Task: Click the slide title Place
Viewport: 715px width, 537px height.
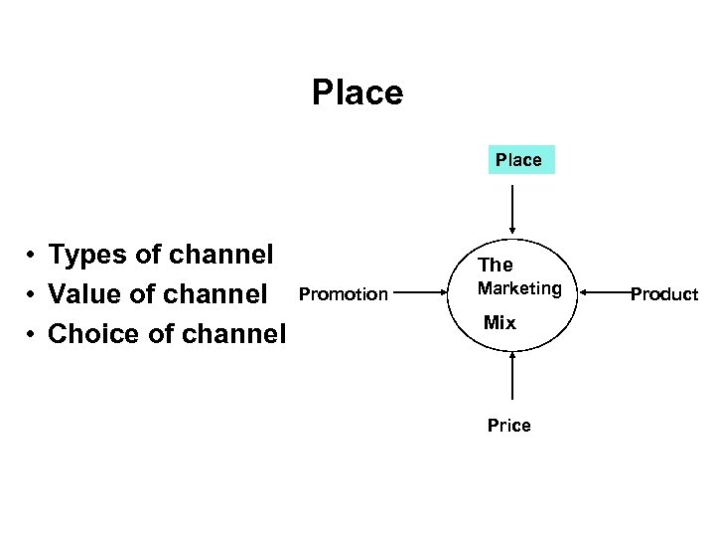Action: (357, 92)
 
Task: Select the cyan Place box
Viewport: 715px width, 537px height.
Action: (520, 159)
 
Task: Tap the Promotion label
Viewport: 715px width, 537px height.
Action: (344, 293)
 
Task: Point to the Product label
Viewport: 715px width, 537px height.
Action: (664, 293)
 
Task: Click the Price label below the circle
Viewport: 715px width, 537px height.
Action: (508, 426)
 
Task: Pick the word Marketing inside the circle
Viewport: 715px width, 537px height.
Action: (519, 288)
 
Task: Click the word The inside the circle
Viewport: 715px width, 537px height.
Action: (496, 265)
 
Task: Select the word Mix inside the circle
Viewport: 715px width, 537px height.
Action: (500, 322)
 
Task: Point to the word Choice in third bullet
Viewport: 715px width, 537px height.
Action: (93, 333)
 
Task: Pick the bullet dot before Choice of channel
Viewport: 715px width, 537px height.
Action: (33, 335)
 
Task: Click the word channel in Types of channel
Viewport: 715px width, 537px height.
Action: (220, 255)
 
